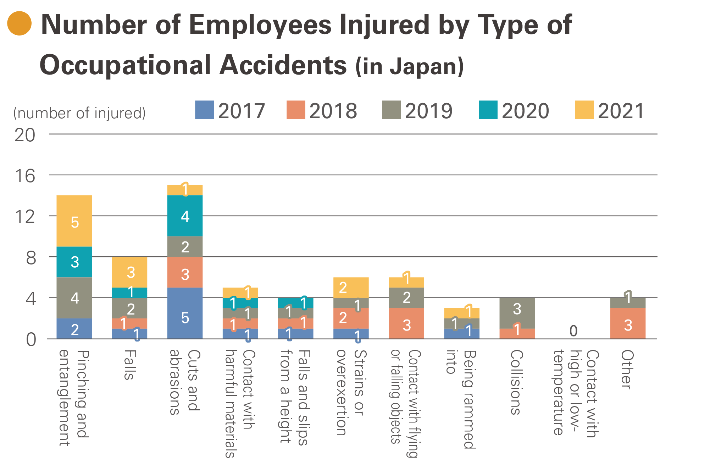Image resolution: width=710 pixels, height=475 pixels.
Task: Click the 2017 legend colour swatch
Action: [204, 110]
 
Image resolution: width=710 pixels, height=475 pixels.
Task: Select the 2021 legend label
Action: [621, 111]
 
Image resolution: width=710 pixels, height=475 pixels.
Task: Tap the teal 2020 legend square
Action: [488, 110]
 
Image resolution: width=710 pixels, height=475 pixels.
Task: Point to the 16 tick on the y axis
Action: [25, 176]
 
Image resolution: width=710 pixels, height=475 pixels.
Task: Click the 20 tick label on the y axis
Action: [25, 135]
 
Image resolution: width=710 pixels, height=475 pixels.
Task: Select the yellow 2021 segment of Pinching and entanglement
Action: [74, 221]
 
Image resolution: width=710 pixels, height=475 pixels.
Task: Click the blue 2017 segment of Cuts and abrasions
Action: [185, 313]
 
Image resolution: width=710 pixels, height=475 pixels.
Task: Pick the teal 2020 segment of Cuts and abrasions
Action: [185, 216]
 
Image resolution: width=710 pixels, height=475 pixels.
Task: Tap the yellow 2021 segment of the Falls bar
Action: [129, 272]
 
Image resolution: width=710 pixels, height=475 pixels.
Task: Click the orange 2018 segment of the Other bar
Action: [628, 323]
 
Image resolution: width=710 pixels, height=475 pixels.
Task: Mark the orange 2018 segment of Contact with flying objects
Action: [406, 323]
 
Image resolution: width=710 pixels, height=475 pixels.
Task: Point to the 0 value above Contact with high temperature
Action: [573, 331]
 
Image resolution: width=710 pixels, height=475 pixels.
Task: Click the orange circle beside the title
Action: [20, 23]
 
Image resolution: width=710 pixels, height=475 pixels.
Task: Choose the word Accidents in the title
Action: [283, 65]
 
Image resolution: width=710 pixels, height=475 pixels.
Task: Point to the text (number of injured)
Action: [79, 113]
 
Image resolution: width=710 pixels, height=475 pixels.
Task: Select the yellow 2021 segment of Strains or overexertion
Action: [351, 287]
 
